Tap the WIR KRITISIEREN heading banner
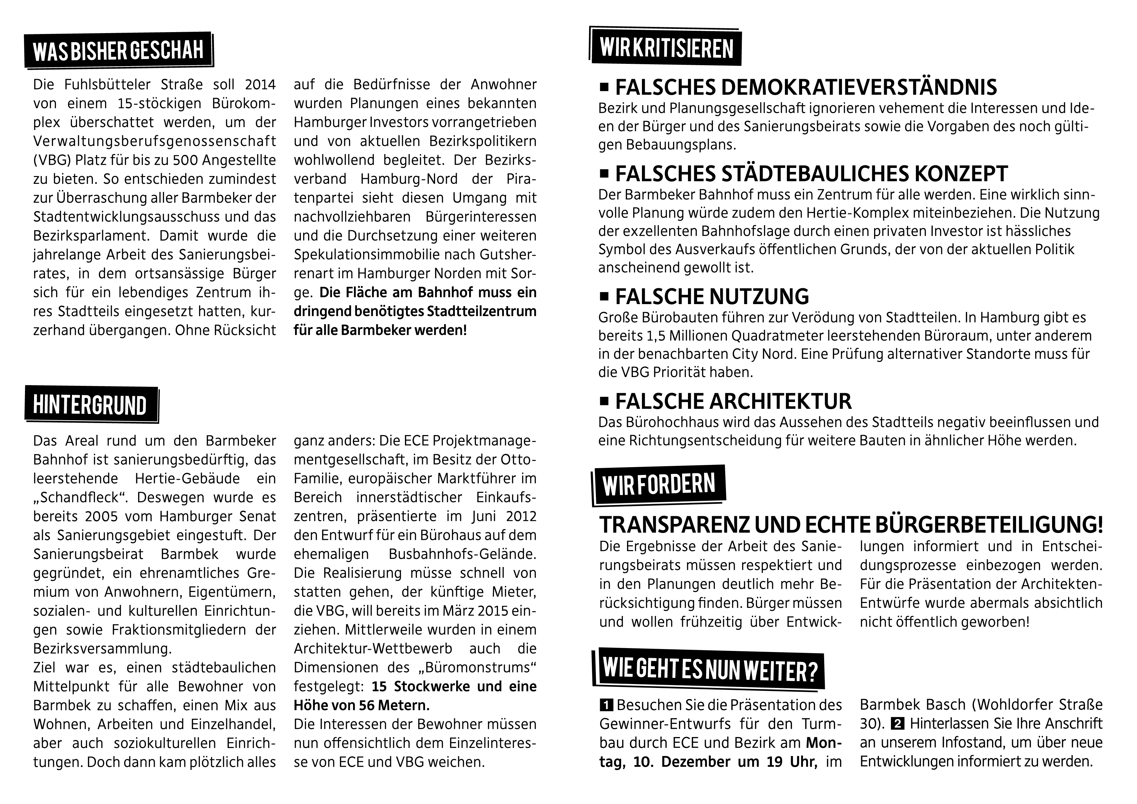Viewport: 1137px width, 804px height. click(x=665, y=48)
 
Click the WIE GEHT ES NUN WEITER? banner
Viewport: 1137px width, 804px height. click(x=709, y=670)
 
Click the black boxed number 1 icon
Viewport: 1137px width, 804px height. click(x=606, y=704)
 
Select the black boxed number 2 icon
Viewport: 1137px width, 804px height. click(x=896, y=724)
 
